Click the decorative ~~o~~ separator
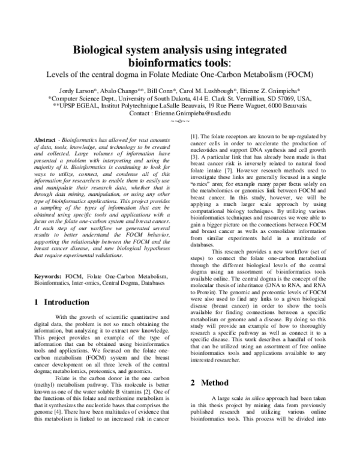click(x=179, y=121)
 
